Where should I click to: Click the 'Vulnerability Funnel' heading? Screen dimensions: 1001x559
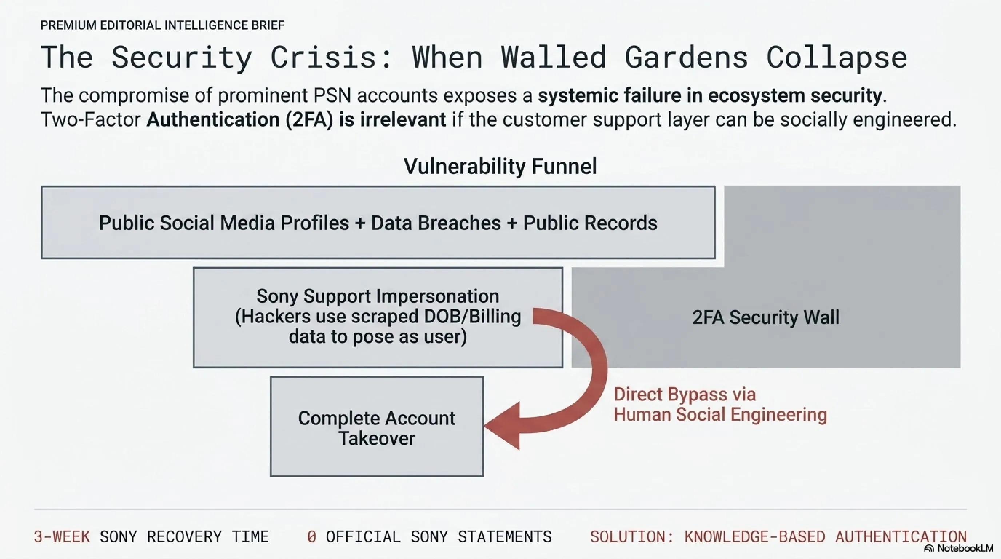pos(500,166)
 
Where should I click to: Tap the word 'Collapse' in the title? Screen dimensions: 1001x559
pos(837,58)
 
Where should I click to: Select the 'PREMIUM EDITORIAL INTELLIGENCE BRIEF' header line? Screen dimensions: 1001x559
pos(163,25)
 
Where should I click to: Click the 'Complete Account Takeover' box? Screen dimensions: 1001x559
pos(377,427)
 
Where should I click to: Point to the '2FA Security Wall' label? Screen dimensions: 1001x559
pos(766,317)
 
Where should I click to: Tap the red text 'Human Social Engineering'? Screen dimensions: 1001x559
pos(720,415)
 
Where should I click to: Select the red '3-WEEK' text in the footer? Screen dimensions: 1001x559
pos(62,537)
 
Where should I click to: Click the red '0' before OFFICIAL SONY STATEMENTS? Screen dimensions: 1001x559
pos(312,537)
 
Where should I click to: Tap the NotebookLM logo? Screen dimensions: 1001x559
pos(958,548)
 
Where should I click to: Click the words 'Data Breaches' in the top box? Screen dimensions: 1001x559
pos(436,223)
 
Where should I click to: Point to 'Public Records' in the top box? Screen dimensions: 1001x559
pos(590,223)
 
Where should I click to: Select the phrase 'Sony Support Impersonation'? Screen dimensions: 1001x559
pos(378,296)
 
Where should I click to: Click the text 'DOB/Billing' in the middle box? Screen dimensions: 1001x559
pos(472,316)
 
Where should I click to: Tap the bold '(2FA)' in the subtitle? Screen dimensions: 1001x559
pos(309,120)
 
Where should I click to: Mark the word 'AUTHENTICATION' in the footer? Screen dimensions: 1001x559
pos(901,537)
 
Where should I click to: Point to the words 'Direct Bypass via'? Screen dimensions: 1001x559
pos(685,395)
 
